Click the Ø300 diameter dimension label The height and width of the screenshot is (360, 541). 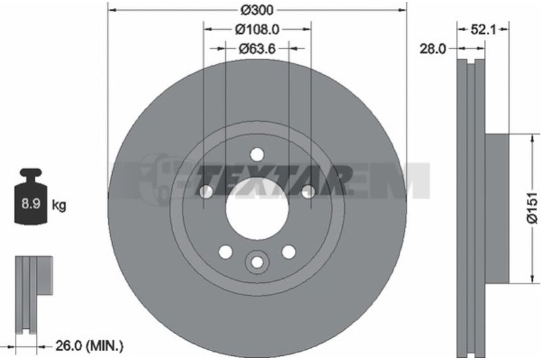[257, 10]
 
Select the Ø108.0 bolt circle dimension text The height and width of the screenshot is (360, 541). [257, 30]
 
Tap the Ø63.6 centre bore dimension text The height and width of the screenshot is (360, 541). [257, 49]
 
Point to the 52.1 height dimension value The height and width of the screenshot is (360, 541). [483, 30]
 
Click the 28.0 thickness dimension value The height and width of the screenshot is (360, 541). [432, 49]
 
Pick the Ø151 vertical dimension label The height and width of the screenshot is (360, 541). [533, 208]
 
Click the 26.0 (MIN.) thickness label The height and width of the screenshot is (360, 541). [89, 346]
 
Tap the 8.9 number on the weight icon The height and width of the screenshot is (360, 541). [31, 204]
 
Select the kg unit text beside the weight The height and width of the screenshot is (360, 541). [59, 205]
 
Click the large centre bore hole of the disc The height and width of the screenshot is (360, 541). [257, 208]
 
